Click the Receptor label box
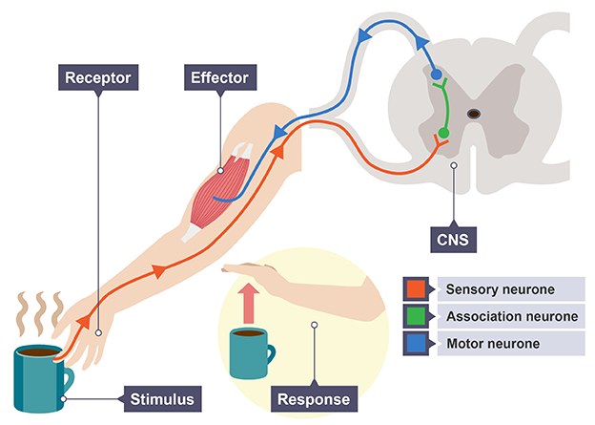pyautogui.click(x=97, y=74)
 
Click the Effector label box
pyautogui.click(x=220, y=74)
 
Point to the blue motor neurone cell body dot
pyautogui.click(x=437, y=74)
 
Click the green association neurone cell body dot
pyautogui.click(x=442, y=133)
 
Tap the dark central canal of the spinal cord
pyautogui.click(x=474, y=114)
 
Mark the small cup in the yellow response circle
pyautogui.click(x=250, y=351)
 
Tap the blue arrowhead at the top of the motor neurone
pyautogui.click(x=363, y=35)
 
